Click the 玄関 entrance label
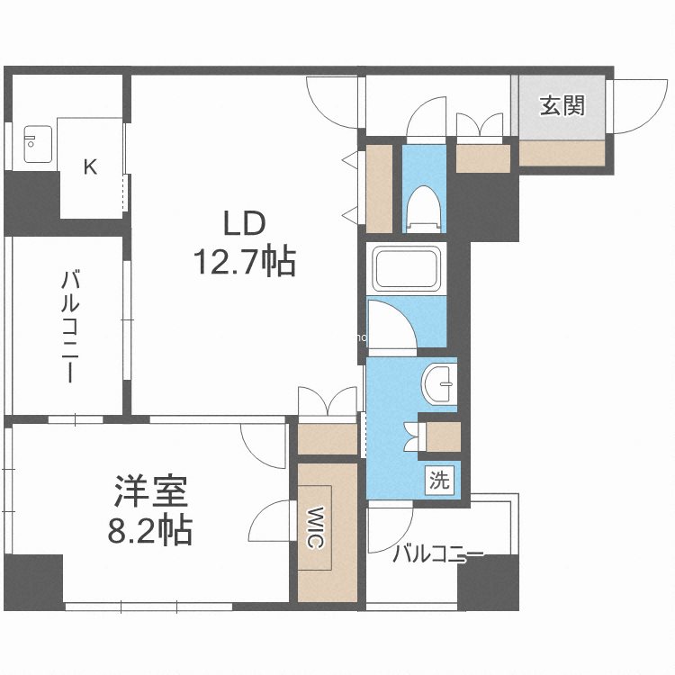click(x=562, y=105)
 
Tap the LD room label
click(x=244, y=223)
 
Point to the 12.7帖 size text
click(x=245, y=261)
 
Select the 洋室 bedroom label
click(x=150, y=491)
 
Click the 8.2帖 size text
click(x=149, y=530)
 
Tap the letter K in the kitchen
click(x=90, y=166)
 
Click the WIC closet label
click(x=316, y=527)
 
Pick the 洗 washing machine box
click(x=439, y=480)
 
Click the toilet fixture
click(x=424, y=209)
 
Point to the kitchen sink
click(x=38, y=144)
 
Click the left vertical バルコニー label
click(x=69, y=326)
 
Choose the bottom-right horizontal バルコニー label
click(x=437, y=554)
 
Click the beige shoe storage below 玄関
click(x=562, y=153)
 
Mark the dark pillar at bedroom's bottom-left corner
click(x=33, y=582)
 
